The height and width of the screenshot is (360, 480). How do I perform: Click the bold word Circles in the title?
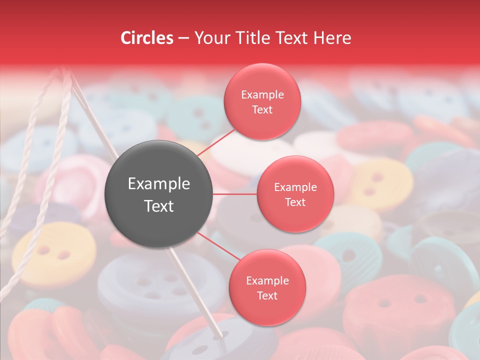(x=147, y=38)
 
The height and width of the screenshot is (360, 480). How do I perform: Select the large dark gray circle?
(x=159, y=194)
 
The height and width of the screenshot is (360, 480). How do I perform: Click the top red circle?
(x=262, y=101)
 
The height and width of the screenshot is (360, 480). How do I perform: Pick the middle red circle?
(x=295, y=194)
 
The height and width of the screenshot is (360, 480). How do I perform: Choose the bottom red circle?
(x=267, y=287)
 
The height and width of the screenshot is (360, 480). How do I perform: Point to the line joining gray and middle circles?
(x=235, y=194)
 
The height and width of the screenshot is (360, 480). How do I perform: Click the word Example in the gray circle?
(x=159, y=184)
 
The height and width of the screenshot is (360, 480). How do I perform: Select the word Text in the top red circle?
(x=262, y=109)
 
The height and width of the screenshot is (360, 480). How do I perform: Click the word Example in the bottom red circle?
(x=267, y=280)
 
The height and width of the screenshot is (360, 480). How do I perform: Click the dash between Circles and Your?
(x=183, y=38)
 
